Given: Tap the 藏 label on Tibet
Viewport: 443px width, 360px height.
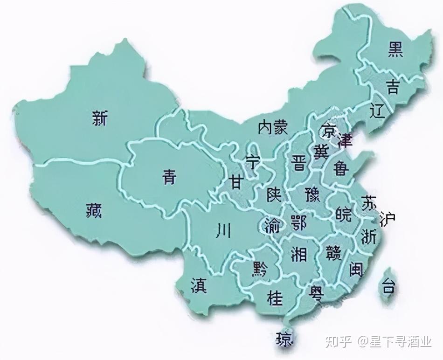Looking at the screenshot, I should pyautogui.click(x=94, y=211).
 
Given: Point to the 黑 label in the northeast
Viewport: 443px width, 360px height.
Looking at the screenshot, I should pyautogui.click(x=395, y=49).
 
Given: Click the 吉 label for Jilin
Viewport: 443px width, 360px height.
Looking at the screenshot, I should pyautogui.click(x=393, y=87).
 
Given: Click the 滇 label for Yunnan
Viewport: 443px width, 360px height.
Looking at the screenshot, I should pyautogui.click(x=199, y=285).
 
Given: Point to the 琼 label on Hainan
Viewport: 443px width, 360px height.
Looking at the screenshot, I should pyautogui.click(x=284, y=339).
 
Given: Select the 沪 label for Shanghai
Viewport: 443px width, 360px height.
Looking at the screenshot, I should pyautogui.click(x=387, y=217).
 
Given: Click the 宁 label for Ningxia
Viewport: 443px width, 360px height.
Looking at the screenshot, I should pyautogui.click(x=252, y=162).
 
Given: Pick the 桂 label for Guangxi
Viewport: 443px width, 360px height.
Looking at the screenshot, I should pyautogui.click(x=275, y=298).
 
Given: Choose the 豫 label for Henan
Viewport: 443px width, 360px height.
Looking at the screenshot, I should pyautogui.click(x=311, y=194).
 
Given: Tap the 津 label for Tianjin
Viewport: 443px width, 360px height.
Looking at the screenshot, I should pyautogui.click(x=345, y=138).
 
